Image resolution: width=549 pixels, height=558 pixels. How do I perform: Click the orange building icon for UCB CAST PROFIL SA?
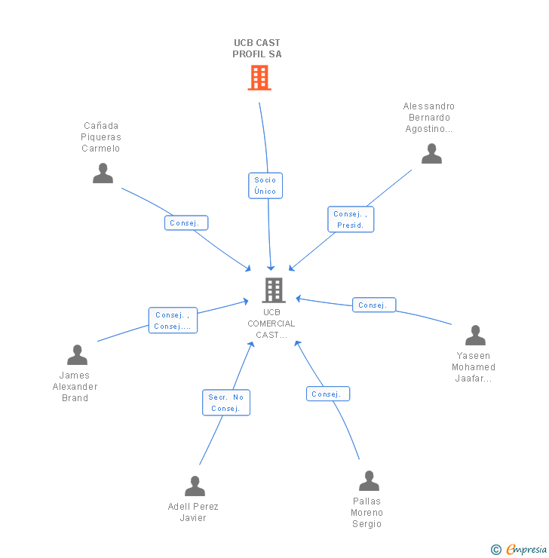point(259,78)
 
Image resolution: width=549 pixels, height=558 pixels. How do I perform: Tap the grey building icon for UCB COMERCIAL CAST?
point(273,290)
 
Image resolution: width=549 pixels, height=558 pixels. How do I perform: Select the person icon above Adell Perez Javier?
point(195,486)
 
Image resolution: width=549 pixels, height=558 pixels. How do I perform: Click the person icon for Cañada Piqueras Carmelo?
point(103,173)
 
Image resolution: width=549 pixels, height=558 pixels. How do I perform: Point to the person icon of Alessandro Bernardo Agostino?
point(431,154)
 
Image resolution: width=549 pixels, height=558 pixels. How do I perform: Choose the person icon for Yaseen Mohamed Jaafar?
point(475,336)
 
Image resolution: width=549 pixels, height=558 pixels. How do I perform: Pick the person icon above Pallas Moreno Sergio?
point(369,481)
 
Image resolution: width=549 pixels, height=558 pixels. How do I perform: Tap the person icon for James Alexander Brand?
point(77,355)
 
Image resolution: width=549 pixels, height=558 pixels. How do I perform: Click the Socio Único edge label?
point(265,185)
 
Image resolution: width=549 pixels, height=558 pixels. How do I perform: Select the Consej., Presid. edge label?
point(351,219)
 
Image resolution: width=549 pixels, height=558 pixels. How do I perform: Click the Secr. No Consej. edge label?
point(225,403)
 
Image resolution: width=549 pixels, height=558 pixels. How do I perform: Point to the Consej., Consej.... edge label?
point(173,320)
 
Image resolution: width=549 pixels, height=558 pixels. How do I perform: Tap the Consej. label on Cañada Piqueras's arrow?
point(186,223)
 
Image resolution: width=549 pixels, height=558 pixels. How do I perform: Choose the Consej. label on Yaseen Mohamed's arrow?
point(373,305)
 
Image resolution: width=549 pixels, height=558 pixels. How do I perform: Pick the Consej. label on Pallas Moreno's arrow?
point(327,394)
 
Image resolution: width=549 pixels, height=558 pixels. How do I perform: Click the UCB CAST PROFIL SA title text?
point(257,48)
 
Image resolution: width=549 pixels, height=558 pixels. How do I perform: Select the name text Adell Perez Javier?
point(193,512)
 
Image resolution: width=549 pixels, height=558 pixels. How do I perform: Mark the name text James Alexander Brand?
point(75,387)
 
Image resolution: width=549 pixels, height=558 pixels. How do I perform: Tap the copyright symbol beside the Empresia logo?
point(495,550)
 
